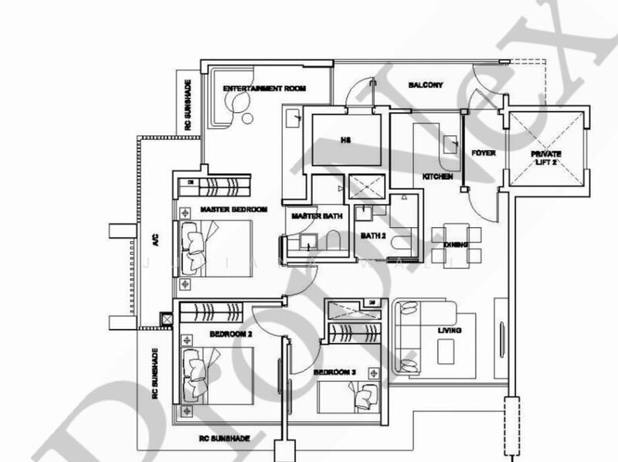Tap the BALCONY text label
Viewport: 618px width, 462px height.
(426, 85)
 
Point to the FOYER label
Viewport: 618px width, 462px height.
(483, 153)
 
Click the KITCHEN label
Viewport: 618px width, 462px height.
(436, 177)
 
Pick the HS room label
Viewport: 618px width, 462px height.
(346, 141)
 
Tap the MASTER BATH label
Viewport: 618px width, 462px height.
(311, 216)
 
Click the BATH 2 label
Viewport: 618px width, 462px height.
(374, 236)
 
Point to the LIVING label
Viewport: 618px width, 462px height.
(450, 331)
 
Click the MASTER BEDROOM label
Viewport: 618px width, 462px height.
(233, 209)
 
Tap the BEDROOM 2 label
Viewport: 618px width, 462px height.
(231, 335)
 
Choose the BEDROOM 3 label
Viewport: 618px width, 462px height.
(334, 372)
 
